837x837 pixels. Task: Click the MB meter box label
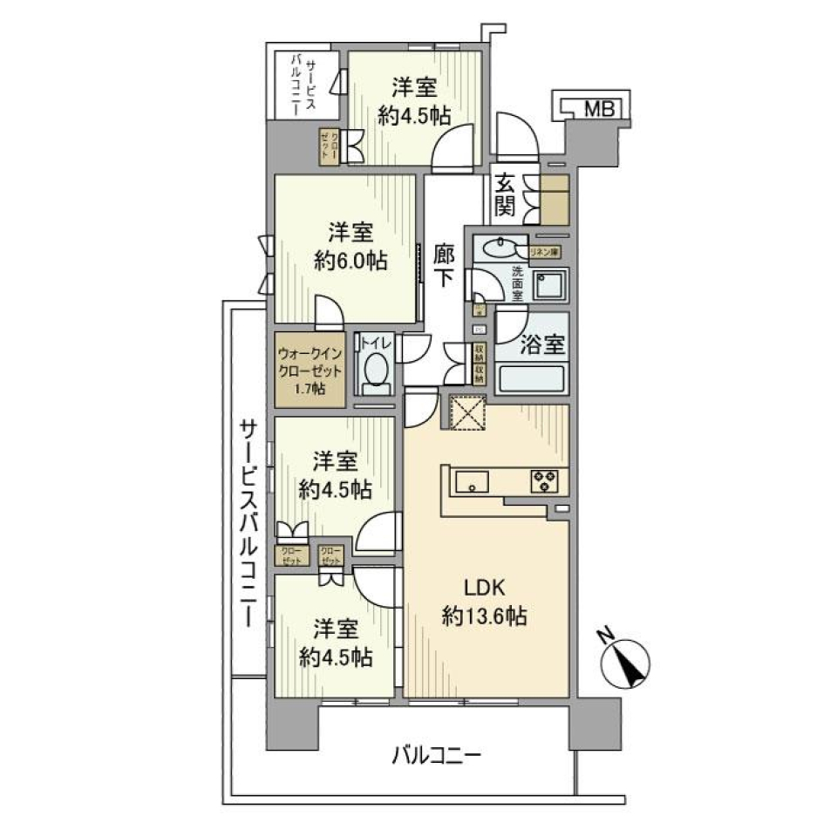599,109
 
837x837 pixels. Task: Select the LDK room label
483,587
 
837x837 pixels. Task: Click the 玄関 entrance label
507,195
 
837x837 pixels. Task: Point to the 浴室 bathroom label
542,344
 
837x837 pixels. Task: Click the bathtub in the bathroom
532,381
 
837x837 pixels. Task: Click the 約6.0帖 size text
350,261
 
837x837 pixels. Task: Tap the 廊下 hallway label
445,265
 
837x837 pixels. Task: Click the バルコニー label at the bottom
436,754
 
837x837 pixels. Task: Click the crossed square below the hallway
467,412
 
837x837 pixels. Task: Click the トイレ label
377,343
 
